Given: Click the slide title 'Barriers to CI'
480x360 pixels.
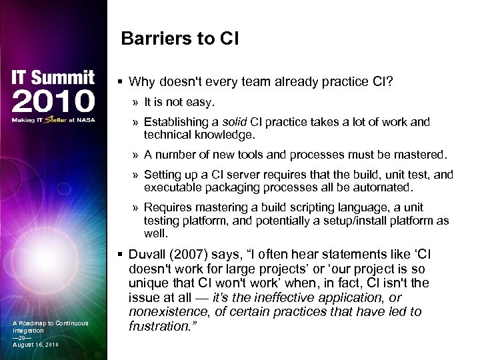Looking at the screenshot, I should click(x=180, y=39).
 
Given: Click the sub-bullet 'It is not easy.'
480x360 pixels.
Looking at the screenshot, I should click(x=179, y=102).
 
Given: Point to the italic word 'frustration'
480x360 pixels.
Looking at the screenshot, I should click(x=159, y=327).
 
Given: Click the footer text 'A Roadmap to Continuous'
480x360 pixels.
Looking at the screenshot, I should click(x=50, y=323).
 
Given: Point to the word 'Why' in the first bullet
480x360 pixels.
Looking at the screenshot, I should click(x=141, y=82).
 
